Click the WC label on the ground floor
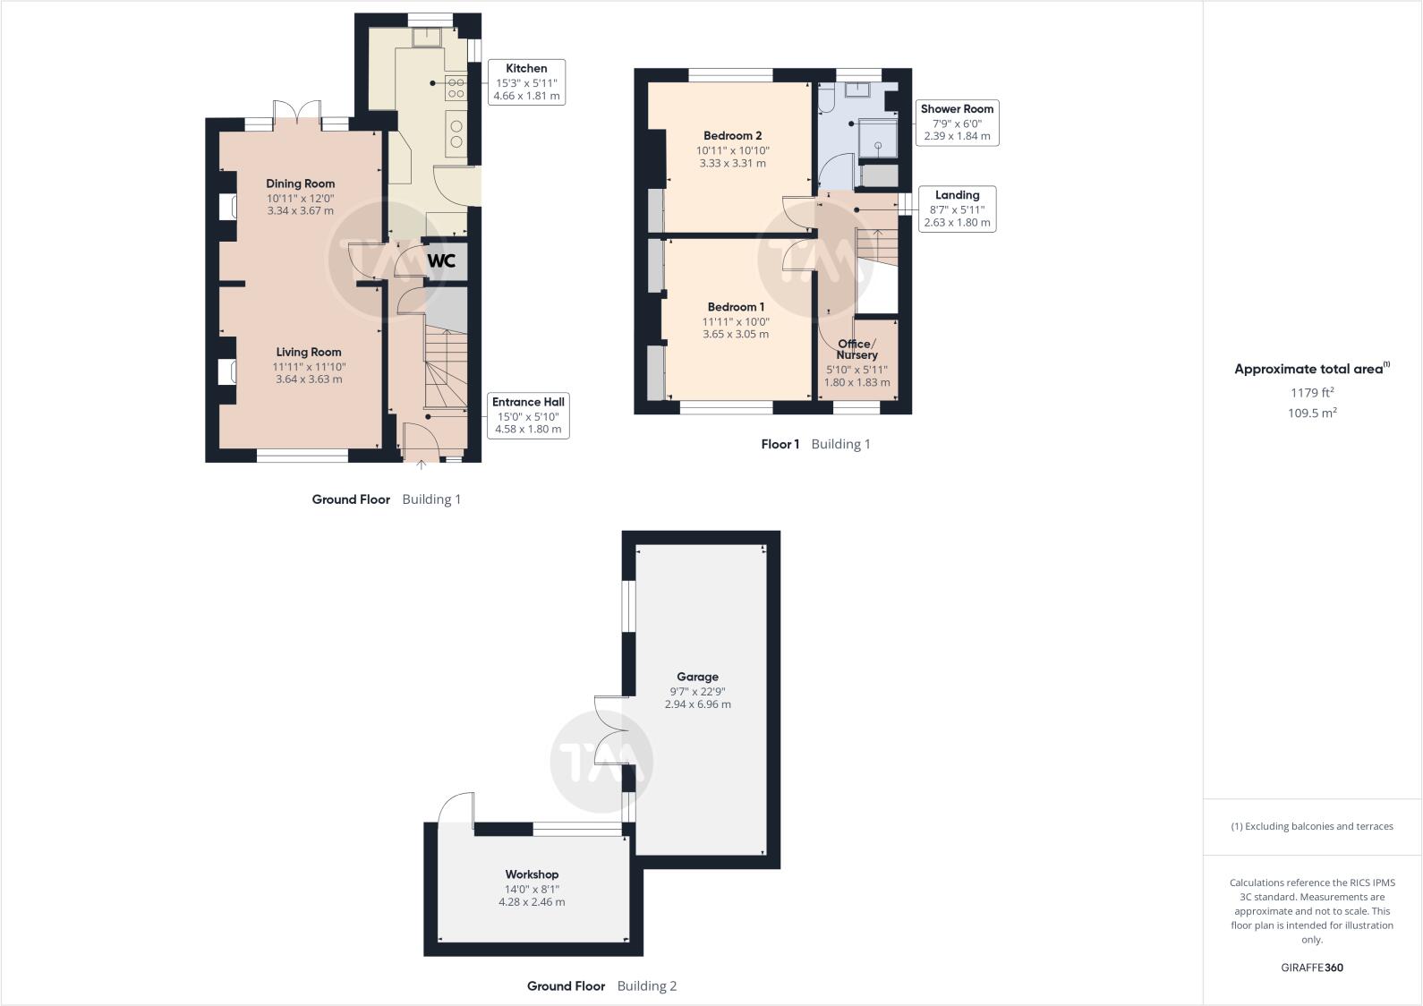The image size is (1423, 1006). pos(441,260)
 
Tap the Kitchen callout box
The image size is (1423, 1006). pos(526,81)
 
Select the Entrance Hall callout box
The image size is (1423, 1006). pos(528,415)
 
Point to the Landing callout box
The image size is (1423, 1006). pos(957,209)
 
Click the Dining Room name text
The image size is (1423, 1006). pos(300,183)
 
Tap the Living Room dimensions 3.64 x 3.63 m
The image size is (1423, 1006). pos(309,379)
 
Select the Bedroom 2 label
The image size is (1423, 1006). pos(732,136)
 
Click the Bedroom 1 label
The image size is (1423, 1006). pos(736,307)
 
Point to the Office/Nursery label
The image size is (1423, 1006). pos(856,349)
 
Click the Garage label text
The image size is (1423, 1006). pos(697,677)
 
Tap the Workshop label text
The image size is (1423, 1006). pos(532,874)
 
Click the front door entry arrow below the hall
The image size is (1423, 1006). pos(422,465)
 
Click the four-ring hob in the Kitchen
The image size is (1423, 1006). pos(456,88)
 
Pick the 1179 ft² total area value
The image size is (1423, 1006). pos(1311,392)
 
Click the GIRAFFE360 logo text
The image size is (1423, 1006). pos(1311,968)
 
